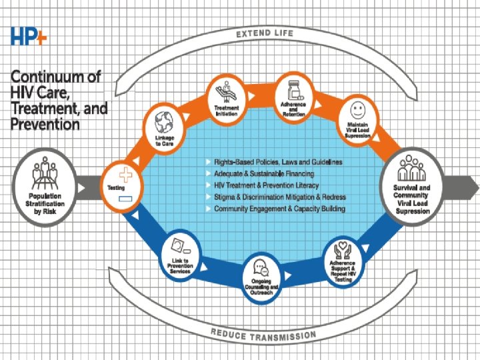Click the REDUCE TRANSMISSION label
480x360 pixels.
(265, 332)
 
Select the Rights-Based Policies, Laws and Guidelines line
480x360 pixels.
(279, 162)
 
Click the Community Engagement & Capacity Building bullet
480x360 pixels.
(279, 209)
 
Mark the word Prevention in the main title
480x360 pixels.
(45, 124)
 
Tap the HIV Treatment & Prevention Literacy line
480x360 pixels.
(266, 185)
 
